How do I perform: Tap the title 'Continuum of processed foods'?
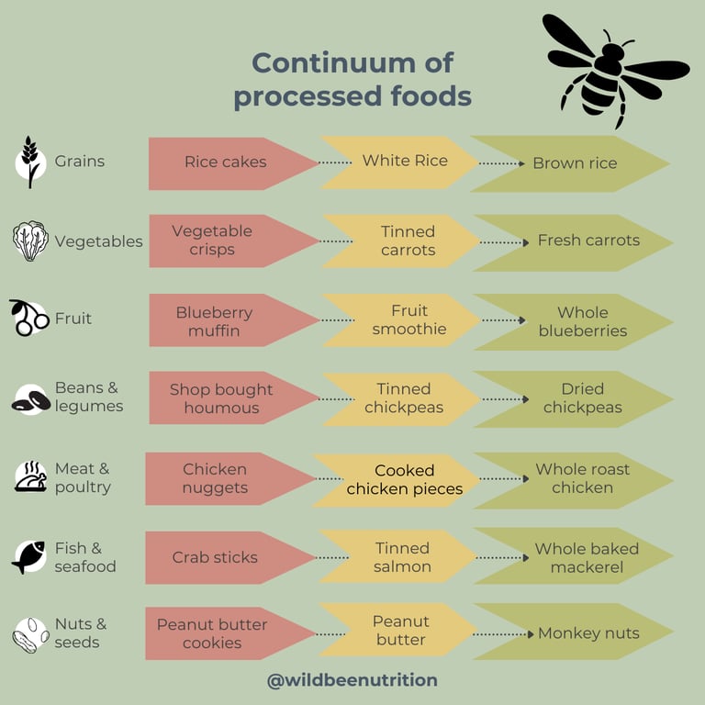(352, 79)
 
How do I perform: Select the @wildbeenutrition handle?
(352, 680)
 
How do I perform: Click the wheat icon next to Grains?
(30, 162)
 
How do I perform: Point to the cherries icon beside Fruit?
(29, 319)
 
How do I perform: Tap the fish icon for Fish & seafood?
(29, 556)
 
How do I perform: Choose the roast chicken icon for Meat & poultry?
(30, 476)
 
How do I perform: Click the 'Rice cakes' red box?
(226, 162)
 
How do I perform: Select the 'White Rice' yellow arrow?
(404, 162)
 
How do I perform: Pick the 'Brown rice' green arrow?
(575, 163)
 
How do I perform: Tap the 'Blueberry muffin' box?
(214, 321)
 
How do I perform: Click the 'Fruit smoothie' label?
(408, 319)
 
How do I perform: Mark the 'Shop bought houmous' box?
(221, 398)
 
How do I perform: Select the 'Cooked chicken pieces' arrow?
(404, 480)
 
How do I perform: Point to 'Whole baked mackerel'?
(586, 557)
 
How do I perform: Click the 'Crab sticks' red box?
(215, 557)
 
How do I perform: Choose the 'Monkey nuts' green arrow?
(587, 633)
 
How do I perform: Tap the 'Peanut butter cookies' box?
(212, 633)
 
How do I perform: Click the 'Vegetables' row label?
(98, 241)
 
